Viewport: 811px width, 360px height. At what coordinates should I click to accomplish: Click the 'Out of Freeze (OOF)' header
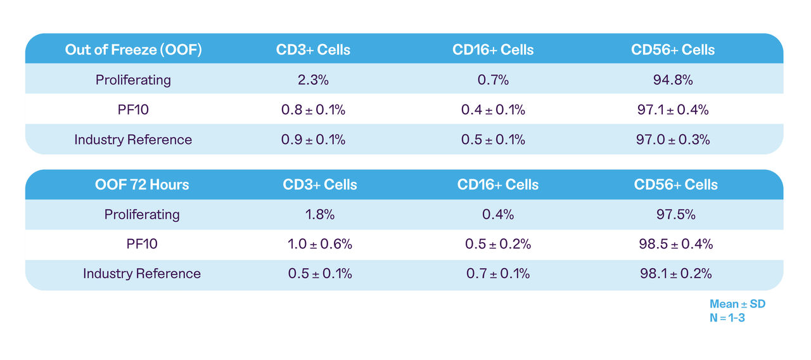tap(133, 49)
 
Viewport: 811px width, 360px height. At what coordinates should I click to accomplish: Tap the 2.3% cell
tap(313, 80)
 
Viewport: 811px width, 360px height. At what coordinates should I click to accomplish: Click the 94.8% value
tap(673, 80)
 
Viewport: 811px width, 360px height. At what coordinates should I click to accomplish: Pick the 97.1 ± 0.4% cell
tap(673, 110)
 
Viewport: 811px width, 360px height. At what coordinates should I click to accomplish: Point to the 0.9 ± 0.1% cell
tap(313, 139)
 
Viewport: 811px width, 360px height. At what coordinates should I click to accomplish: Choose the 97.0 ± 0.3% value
tap(673, 139)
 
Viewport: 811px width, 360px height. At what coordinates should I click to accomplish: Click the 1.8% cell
tap(320, 214)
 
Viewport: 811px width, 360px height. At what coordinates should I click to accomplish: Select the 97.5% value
tap(676, 214)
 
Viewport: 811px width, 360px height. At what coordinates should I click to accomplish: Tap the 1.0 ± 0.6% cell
tap(320, 244)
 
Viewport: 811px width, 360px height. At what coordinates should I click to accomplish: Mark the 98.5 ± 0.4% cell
tap(676, 244)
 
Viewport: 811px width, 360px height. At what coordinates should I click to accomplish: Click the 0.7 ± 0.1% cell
tap(498, 274)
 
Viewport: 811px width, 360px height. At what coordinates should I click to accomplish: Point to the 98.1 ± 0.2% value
tap(676, 274)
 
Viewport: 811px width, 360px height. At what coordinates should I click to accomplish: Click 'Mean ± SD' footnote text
tap(737, 304)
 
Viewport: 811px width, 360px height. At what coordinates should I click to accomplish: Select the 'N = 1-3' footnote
tap(727, 318)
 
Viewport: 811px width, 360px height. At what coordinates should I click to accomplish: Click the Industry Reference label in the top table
tap(133, 139)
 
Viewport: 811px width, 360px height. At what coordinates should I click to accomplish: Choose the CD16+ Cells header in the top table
tap(493, 49)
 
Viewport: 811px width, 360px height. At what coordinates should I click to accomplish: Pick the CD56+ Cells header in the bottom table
tap(676, 184)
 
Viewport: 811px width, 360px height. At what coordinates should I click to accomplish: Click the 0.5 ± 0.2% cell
tap(498, 244)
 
